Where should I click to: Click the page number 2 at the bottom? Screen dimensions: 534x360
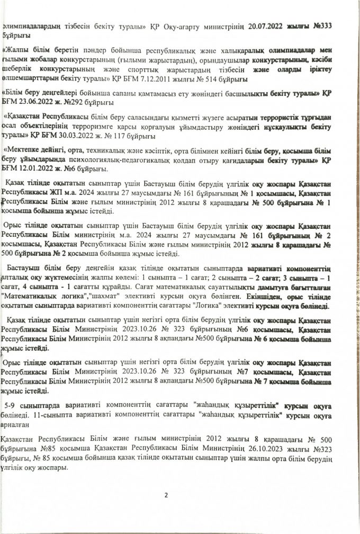pyautogui.click(x=166, y=495)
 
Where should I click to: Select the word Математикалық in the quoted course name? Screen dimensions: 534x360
pyautogui.click(x=32, y=298)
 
